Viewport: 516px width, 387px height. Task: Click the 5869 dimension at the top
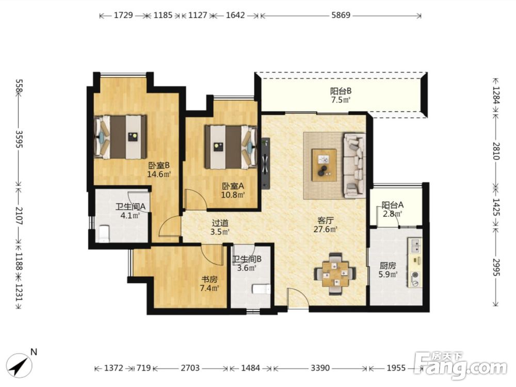click(341, 15)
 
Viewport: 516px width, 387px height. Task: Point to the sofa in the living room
click(354, 165)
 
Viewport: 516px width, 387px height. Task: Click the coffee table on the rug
click(324, 165)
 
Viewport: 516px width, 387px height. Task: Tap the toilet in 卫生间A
click(104, 233)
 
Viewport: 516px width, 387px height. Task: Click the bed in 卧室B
click(120, 137)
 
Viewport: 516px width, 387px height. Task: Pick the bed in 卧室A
click(231, 147)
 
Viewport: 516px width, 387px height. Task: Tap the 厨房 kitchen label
click(388, 265)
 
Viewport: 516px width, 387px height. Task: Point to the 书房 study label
click(209, 279)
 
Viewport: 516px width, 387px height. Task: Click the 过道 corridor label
click(220, 223)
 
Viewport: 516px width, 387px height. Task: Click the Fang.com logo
click(461, 365)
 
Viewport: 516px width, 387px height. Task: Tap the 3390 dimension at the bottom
click(320, 367)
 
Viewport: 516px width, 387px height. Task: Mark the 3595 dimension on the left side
click(20, 139)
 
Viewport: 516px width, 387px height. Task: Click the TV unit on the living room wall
click(266, 163)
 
